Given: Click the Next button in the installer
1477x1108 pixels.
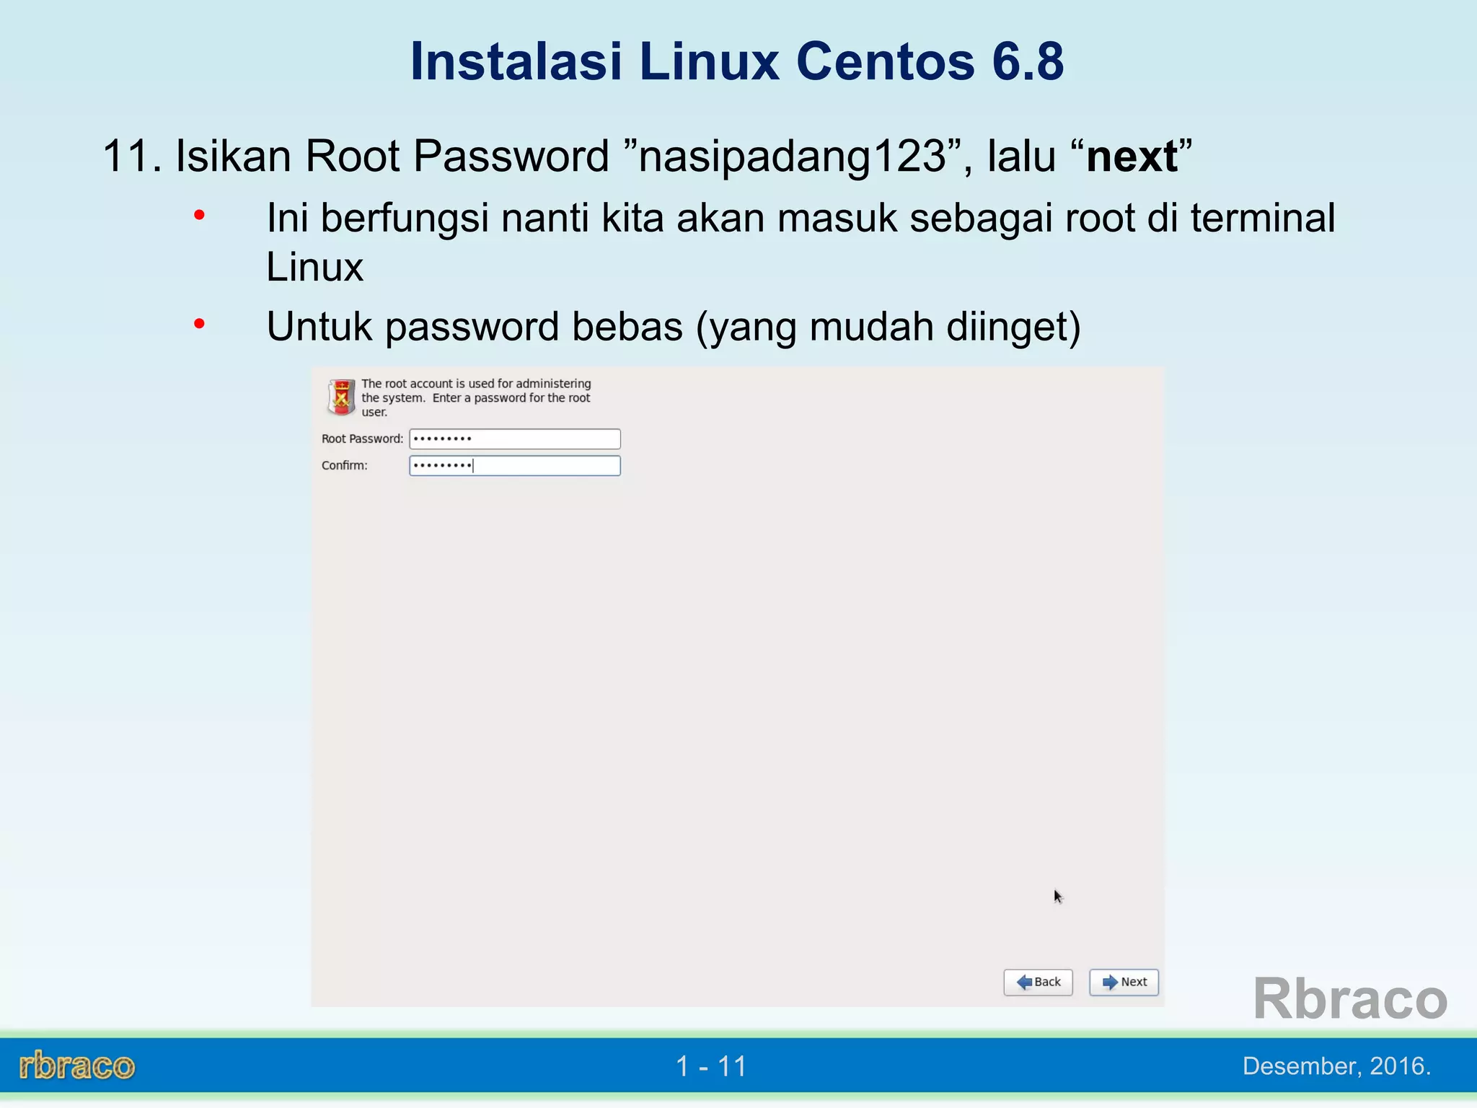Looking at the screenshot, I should point(1124,982).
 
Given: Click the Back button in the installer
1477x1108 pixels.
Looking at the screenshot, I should point(1038,982).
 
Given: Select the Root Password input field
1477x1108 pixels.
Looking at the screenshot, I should point(514,439).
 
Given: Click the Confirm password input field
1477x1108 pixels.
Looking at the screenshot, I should point(514,465).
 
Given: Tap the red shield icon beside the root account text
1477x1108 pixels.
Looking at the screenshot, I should point(341,397).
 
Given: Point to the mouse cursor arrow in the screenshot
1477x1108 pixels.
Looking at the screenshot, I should point(1057,897).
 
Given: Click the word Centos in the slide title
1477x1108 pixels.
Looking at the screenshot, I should point(886,61).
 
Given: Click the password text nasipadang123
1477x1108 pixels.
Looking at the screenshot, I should point(792,156).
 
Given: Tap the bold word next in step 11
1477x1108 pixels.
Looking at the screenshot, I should point(1132,157).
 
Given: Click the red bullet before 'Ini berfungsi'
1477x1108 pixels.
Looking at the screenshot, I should point(200,215).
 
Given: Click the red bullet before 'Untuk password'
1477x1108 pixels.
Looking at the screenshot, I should point(200,324).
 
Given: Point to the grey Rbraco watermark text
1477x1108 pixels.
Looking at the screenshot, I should point(1349,998).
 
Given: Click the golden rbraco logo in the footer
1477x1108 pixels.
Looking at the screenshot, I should point(77,1065).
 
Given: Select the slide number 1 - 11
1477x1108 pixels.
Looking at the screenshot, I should point(711,1066).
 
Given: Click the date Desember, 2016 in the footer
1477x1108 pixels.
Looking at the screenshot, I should point(1336,1065).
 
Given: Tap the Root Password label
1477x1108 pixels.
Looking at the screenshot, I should point(362,439).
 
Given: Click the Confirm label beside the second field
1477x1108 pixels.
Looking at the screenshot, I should point(345,465).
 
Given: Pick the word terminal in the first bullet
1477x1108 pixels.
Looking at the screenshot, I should point(1262,218).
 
